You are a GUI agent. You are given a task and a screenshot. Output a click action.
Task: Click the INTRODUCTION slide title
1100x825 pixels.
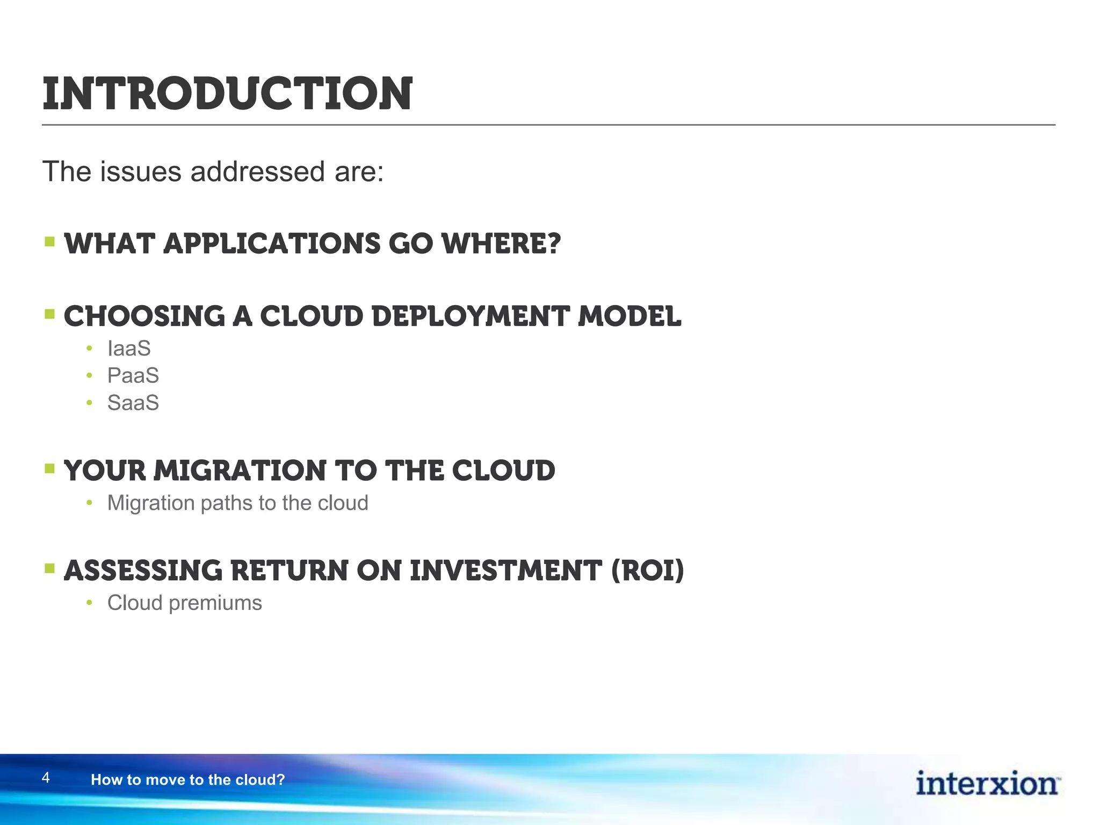tap(227, 95)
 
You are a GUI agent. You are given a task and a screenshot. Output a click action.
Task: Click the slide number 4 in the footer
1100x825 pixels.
tap(46, 777)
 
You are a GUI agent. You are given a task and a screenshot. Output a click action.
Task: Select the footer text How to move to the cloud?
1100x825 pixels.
tap(187, 780)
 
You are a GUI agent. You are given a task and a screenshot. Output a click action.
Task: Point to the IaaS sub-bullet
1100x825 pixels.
tap(129, 349)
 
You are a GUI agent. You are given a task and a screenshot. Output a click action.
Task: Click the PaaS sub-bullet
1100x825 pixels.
tap(133, 375)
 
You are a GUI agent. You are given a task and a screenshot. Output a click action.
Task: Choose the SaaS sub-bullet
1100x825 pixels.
tap(133, 403)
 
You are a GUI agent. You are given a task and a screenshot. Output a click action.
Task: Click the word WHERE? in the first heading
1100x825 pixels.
tap(501, 244)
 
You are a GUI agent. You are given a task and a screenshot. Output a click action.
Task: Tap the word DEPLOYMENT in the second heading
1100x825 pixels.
tap(470, 316)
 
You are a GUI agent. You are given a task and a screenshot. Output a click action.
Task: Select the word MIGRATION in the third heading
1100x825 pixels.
tap(240, 471)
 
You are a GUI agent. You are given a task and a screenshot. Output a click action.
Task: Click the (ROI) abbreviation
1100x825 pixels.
tap(648, 570)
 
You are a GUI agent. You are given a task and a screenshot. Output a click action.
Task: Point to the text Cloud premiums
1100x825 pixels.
tap(184, 603)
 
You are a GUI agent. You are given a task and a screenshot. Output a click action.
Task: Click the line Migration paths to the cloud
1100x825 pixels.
tap(237, 503)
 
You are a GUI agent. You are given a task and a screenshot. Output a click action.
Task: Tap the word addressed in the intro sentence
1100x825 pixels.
tap(257, 172)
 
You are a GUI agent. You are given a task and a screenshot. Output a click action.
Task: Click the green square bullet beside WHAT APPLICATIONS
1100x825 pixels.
tap(50, 242)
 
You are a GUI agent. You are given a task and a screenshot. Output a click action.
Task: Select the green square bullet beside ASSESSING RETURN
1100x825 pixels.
tap(50, 568)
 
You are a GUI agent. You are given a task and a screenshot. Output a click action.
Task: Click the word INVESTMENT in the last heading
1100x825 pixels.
tap(505, 570)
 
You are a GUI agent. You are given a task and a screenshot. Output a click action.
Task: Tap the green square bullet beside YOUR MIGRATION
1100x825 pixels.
tap(50, 469)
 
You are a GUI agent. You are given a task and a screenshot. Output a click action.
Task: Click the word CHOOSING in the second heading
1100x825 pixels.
tap(144, 316)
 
